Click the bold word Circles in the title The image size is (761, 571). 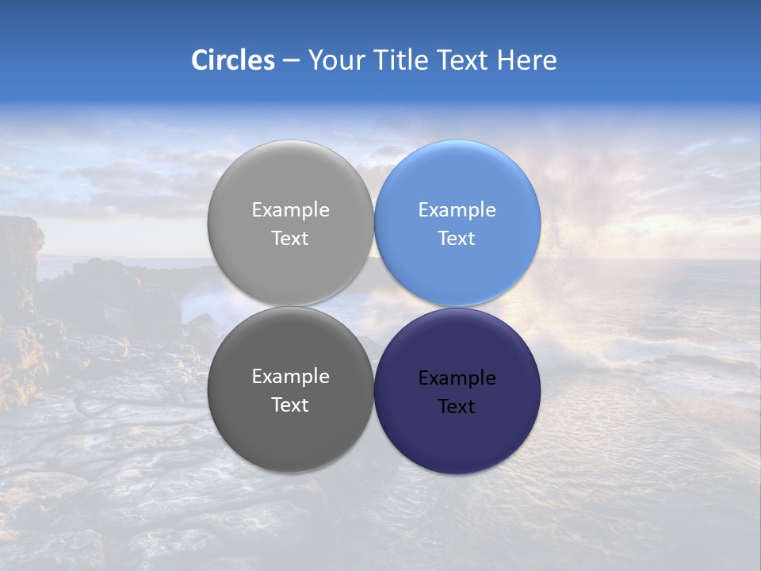pos(233,60)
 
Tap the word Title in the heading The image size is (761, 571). pos(402,60)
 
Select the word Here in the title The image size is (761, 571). pos(526,60)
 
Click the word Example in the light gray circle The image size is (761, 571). pos(290,210)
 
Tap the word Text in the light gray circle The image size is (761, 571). pos(290,239)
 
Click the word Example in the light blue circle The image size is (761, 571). pos(457,210)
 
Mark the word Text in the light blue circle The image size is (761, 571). pos(457,239)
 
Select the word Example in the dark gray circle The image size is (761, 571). pos(290,377)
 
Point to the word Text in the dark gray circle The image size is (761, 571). pos(290,405)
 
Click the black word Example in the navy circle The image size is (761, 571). pos(457,378)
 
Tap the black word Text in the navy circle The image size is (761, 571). pos(457,407)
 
